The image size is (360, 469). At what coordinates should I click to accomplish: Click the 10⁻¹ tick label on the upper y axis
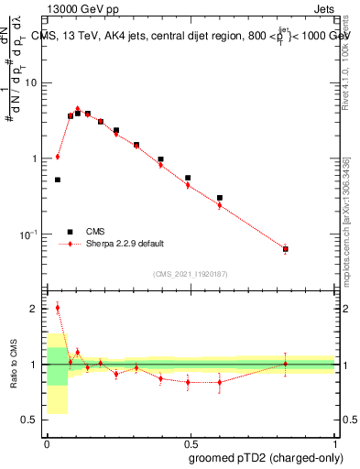pyautogui.click(x=29, y=234)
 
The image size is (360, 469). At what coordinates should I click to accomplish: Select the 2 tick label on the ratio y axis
pyautogui.click(x=35, y=309)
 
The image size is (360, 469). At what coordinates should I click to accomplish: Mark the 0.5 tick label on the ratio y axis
pyautogui.click(x=31, y=420)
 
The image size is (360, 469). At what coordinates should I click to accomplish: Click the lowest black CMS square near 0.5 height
pyautogui.click(x=57, y=180)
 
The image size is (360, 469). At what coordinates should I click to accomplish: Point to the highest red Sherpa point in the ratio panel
pyautogui.click(x=57, y=308)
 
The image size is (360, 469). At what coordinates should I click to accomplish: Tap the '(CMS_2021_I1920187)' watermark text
pyautogui.click(x=190, y=273)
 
